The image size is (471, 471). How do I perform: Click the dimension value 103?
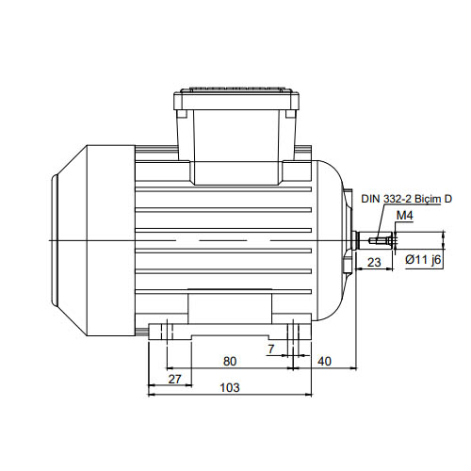pyautogui.click(x=230, y=387)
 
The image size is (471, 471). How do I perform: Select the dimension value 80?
pyautogui.click(x=230, y=362)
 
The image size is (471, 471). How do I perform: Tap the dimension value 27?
pyautogui.click(x=174, y=380)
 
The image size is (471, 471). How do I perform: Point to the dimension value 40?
pyautogui.click(x=324, y=362)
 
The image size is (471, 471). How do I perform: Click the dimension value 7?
pyautogui.click(x=271, y=349)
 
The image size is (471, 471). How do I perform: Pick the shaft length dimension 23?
pyautogui.click(x=374, y=262)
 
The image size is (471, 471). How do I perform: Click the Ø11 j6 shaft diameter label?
pyautogui.click(x=423, y=260)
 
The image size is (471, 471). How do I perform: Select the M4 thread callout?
pyautogui.click(x=405, y=216)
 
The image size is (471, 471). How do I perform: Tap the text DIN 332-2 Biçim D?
pyautogui.click(x=406, y=199)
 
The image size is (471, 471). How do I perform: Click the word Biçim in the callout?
pyautogui.click(x=427, y=199)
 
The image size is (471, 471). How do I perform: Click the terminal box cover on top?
pyautogui.click(x=236, y=99)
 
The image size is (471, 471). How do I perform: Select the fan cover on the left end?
pyautogui.click(x=93, y=240)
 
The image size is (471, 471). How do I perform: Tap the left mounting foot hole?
pyautogui.click(x=167, y=330)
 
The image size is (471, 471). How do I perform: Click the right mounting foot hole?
pyautogui.click(x=293, y=330)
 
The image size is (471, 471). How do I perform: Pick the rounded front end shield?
pyautogui.click(x=333, y=240)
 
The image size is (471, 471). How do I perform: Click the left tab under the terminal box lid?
pyautogui.click(x=182, y=114)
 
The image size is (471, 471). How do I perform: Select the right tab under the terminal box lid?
pyautogui.click(x=290, y=114)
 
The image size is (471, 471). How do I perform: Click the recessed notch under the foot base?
pyautogui.click(x=230, y=337)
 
